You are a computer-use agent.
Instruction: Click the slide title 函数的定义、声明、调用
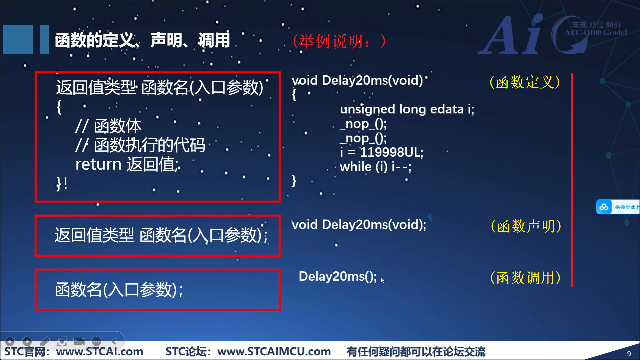tap(142, 40)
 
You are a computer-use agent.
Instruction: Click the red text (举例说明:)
tap(339, 41)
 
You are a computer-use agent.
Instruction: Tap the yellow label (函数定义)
tap(525, 82)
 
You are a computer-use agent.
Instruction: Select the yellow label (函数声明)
tap(526, 226)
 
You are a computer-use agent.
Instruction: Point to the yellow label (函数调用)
tap(525, 278)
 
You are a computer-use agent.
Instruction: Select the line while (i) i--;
tap(376, 167)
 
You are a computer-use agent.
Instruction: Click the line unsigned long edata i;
tap(407, 109)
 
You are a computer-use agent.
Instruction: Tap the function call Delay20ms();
tap(338, 276)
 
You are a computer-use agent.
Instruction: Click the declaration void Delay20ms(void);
tap(359, 225)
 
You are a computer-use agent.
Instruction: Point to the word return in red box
tap(98, 164)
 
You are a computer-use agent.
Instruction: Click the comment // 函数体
tap(108, 126)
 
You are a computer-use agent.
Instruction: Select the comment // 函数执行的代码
tap(140, 145)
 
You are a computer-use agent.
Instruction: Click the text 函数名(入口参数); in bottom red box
tap(119, 289)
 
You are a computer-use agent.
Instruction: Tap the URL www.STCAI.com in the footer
tap(100, 352)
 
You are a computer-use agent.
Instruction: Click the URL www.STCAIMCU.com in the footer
tap(274, 352)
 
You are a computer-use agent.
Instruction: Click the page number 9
tap(629, 354)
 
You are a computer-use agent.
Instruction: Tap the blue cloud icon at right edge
tap(604, 207)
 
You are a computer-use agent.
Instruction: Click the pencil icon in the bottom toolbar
tap(45, 341)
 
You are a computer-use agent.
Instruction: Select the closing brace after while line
tap(294, 181)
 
